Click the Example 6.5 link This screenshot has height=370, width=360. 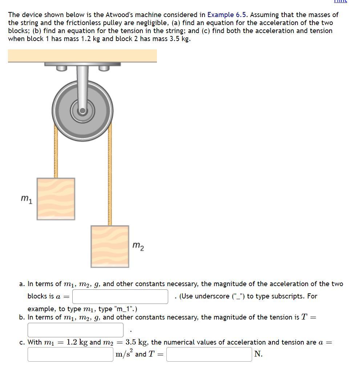click(x=227, y=15)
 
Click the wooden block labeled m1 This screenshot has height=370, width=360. click(x=56, y=199)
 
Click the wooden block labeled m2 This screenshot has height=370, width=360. click(x=110, y=246)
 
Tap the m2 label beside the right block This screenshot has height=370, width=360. click(x=138, y=246)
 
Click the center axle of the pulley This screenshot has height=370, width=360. click(x=82, y=110)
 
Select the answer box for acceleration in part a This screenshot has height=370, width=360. click(x=120, y=296)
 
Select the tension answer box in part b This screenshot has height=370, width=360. click(x=76, y=330)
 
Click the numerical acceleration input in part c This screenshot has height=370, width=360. click(x=70, y=354)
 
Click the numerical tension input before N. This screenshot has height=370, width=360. click(x=209, y=354)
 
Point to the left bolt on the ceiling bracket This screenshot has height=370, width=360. click(x=61, y=68)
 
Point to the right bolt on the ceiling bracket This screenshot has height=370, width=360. click(x=104, y=68)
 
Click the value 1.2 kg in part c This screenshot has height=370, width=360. click(x=77, y=342)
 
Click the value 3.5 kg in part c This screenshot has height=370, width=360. click(x=136, y=342)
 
